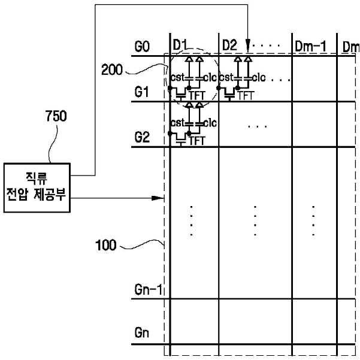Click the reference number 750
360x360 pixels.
pos(56,116)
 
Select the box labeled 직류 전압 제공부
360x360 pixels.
pos(37,187)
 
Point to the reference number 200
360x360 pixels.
pos(112,70)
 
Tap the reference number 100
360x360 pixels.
pos(105,245)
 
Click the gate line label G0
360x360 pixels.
pos(142,47)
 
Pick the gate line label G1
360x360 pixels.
pos(141,92)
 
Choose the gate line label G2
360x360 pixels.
pos(142,138)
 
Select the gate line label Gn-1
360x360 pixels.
pos(149,289)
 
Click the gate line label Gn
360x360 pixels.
pos(141,332)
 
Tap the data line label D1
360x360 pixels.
pos(180,45)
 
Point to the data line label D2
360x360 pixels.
pos(229,45)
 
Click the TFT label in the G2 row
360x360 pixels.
pos(196,141)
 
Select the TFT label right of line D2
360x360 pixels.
pos(246,95)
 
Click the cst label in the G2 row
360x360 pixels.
pos(178,123)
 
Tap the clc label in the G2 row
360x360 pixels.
pos(210,123)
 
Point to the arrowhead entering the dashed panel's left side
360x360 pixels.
pos(158,198)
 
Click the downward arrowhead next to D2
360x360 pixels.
pos(247,46)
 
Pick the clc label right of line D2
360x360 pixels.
pos(259,78)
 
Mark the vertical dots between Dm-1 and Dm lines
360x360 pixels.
pos(313,221)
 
